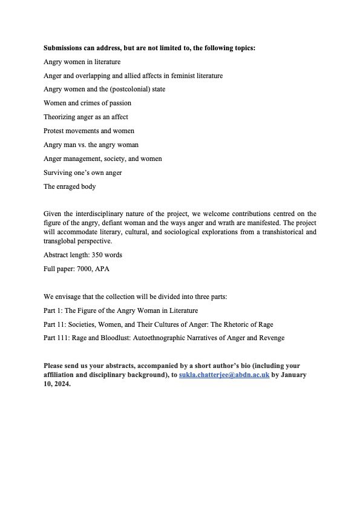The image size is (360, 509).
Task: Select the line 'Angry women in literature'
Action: tap(82, 62)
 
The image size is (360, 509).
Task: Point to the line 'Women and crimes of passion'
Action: tap(87, 103)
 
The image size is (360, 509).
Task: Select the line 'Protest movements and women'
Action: tap(89, 131)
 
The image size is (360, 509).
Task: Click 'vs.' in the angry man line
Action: tap(88, 145)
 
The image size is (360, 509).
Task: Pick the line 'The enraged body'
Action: tap(70, 186)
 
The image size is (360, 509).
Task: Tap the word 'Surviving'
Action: tap(57, 172)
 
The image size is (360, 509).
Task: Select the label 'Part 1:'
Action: tap(53, 310)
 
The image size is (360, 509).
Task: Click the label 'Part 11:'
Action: tap(54, 324)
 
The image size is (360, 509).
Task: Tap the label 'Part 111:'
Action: tap(56, 338)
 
